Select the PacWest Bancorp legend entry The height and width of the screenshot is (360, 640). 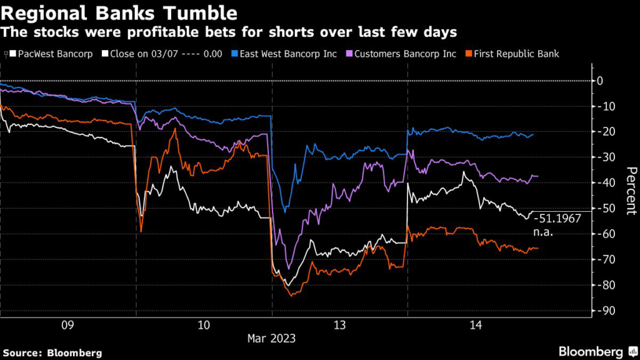(x=55, y=54)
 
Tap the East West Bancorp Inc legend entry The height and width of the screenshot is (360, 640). (x=288, y=54)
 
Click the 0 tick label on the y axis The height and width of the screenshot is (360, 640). (x=599, y=81)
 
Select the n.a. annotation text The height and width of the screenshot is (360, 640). (x=544, y=232)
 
